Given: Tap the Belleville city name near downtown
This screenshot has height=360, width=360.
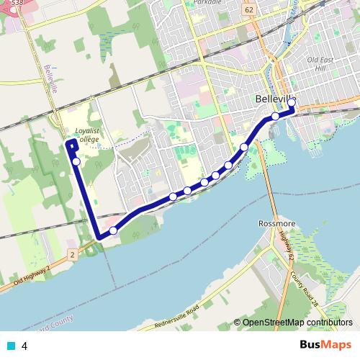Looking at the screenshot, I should pyautogui.click(x=276, y=99).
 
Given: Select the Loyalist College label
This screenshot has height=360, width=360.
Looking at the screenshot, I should pyautogui.click(x=86, y=135).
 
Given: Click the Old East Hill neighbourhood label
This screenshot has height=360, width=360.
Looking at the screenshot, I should pyautogui.click(x=321, y=63).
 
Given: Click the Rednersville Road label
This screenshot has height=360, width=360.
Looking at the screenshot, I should pyautogui.click(x=178, y=319).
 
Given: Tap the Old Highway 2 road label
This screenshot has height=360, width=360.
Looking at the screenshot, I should pyautogui.click(x=26, y=278).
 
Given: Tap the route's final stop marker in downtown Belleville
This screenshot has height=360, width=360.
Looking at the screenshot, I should pyautogui.click(x=292, y=103).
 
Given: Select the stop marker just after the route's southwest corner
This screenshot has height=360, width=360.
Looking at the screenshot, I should pyautogui.click(x=113, y=230).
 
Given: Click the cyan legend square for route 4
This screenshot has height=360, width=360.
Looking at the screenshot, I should pyautogui.click(x=10, y=346).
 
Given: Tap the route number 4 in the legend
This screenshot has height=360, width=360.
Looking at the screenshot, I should pyautogui.click(x=24, y=346).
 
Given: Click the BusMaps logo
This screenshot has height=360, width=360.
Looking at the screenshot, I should pyautogui.click(x=325, y=345).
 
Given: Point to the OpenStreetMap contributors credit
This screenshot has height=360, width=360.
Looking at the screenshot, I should pyautogui.click(x=297, y=323).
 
